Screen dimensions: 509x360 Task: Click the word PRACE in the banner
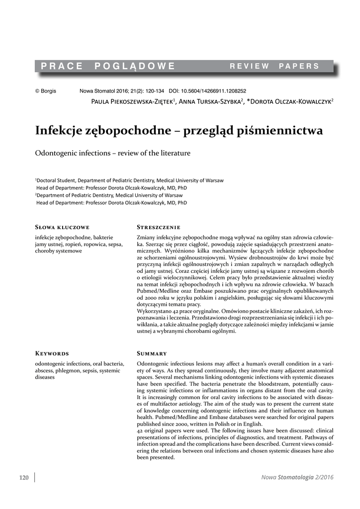[x=62, y=66]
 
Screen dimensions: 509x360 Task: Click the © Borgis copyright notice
[x=45, y=91]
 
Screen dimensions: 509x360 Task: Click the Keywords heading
[x=52, y=353]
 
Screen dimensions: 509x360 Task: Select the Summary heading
[x=151, y=353]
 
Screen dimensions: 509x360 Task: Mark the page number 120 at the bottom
[x=24, y=478]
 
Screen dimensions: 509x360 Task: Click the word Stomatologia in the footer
[x=295, y=478]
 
